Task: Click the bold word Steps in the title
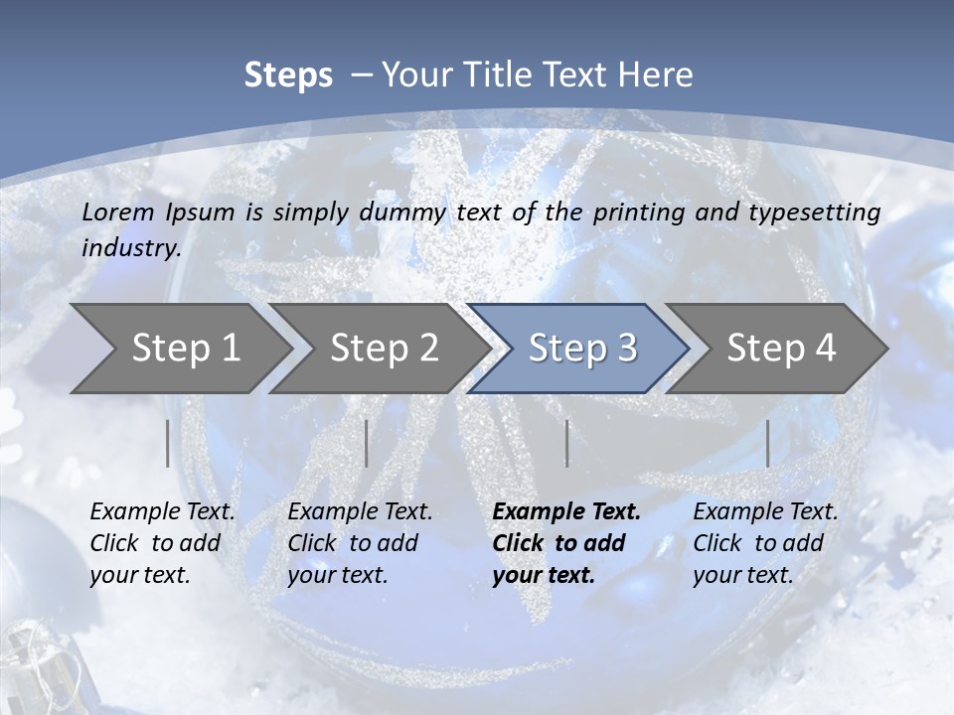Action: pyautogui.click(x=288, y=75)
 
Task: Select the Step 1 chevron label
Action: pyautogui.click(x=186, y=348)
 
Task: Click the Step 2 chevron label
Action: pyautogui.click(x=384, y=348)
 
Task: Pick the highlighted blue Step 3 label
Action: pyautogui.click(x=582, y=348)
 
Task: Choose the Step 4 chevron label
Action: pyautogui.click(x=781, y=348)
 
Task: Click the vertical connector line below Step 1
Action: pyautogui.click(x=168, y=443)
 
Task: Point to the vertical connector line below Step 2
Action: pyautogui.click(x=367, y=443)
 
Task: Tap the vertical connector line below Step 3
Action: pyautogui.click(x=566, y=443)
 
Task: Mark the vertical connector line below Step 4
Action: pyautogui.click(x=767, y=443)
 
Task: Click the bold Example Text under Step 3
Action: pyautogui.click(x=566, y=511)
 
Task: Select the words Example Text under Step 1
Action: pyautogui.click(x=162, y=511)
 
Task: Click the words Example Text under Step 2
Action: pyautogui.click(x=360, y=511)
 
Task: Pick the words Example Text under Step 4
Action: pyautogui.click(x=765, y=511)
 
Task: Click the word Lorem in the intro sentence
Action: pyautogui.click(x=118, y=212)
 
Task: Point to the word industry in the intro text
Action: pyautogui.click(x=130, y=247)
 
